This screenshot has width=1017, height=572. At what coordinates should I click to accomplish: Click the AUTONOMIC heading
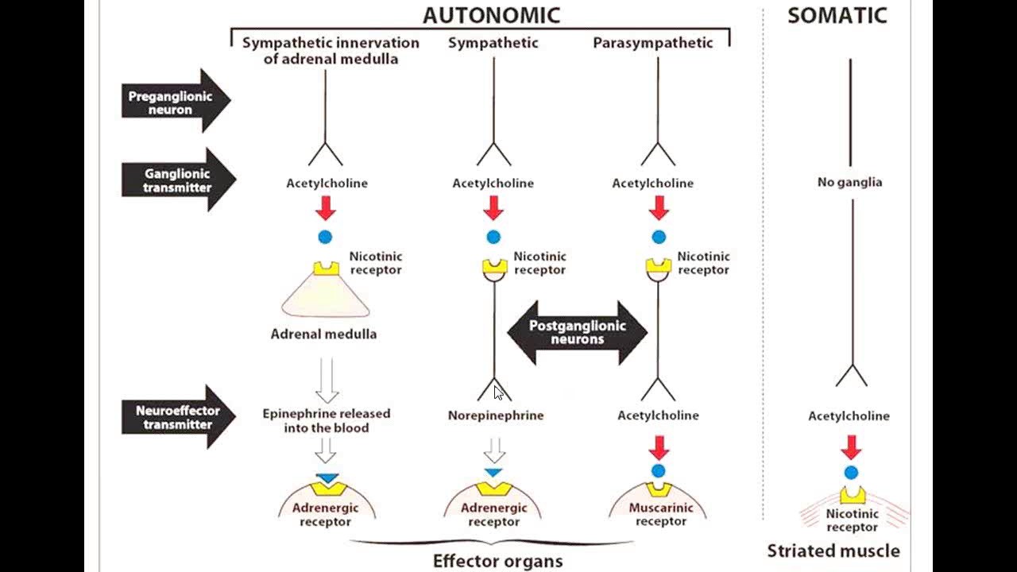491,15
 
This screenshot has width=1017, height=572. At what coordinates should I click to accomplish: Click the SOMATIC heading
837,16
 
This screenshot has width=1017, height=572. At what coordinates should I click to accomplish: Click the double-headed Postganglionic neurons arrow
578,332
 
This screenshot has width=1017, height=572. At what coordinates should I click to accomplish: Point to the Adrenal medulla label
323,334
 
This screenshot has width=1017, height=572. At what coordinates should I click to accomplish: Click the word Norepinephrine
495,415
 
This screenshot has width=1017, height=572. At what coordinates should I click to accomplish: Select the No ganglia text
849,182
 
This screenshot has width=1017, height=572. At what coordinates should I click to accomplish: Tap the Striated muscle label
833,551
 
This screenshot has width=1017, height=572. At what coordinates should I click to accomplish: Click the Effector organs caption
497,561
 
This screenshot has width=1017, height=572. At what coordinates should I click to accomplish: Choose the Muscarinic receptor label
660,514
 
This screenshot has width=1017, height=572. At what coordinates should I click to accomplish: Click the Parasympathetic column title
652,43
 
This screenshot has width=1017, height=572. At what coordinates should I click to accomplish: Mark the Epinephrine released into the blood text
327,420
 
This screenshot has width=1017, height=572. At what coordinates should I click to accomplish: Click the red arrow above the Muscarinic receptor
659,446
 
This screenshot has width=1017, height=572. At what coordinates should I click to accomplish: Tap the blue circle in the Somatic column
851,473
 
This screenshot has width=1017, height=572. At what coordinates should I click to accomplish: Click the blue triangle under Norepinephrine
493,473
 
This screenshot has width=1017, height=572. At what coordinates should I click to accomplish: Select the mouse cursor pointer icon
498,392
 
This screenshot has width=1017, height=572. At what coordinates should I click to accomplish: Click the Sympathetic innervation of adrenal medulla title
331,50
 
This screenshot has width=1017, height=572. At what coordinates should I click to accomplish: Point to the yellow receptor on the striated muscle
852,496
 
